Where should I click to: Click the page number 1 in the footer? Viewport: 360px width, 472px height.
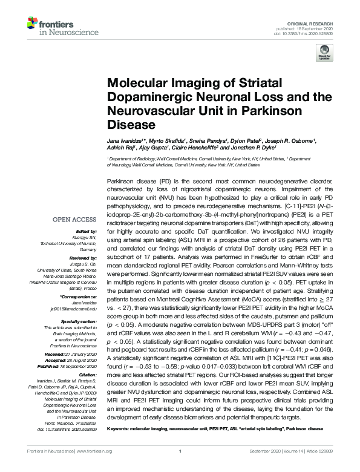(x=180, y=451)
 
